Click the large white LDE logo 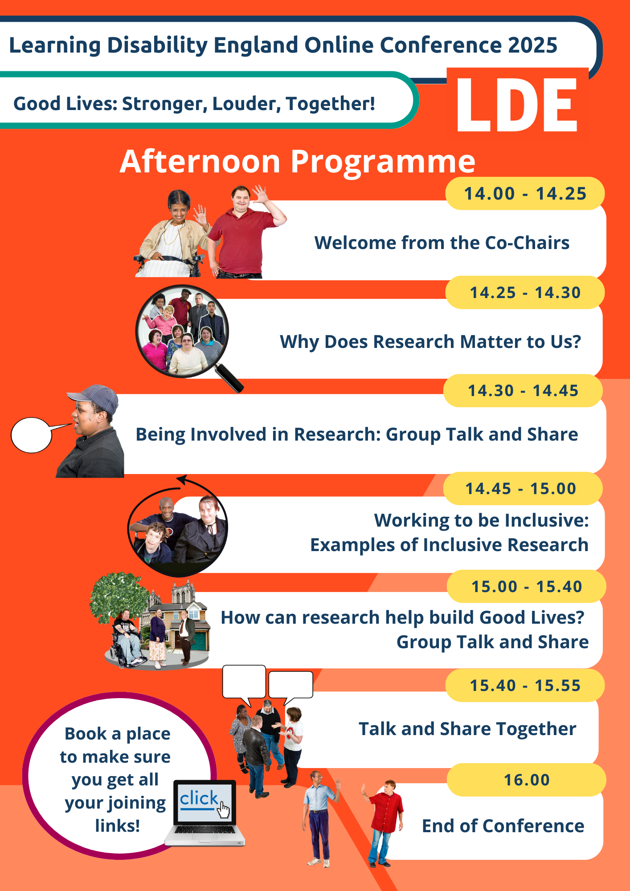(x=517, y=105)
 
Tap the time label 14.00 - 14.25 (x=525, y=194)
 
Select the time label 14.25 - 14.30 (x=525, y=293)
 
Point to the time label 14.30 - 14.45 (x=523, y=391)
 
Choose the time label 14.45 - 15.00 (x=521, y=489)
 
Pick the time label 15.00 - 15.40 (x=527, y=587)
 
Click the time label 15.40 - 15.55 (x=525, y=686)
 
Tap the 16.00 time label (x=527, y=780)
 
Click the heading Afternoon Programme (x=298, y=162)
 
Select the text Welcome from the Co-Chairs (x=442, y=243)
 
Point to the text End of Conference (x=503, y=826)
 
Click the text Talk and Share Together (x=467, y=729)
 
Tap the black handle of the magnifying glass (x=229, y=378)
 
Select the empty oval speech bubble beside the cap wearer (x=32, y=435)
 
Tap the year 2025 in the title (x=532, y=45)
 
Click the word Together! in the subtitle (x=331, y=104)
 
